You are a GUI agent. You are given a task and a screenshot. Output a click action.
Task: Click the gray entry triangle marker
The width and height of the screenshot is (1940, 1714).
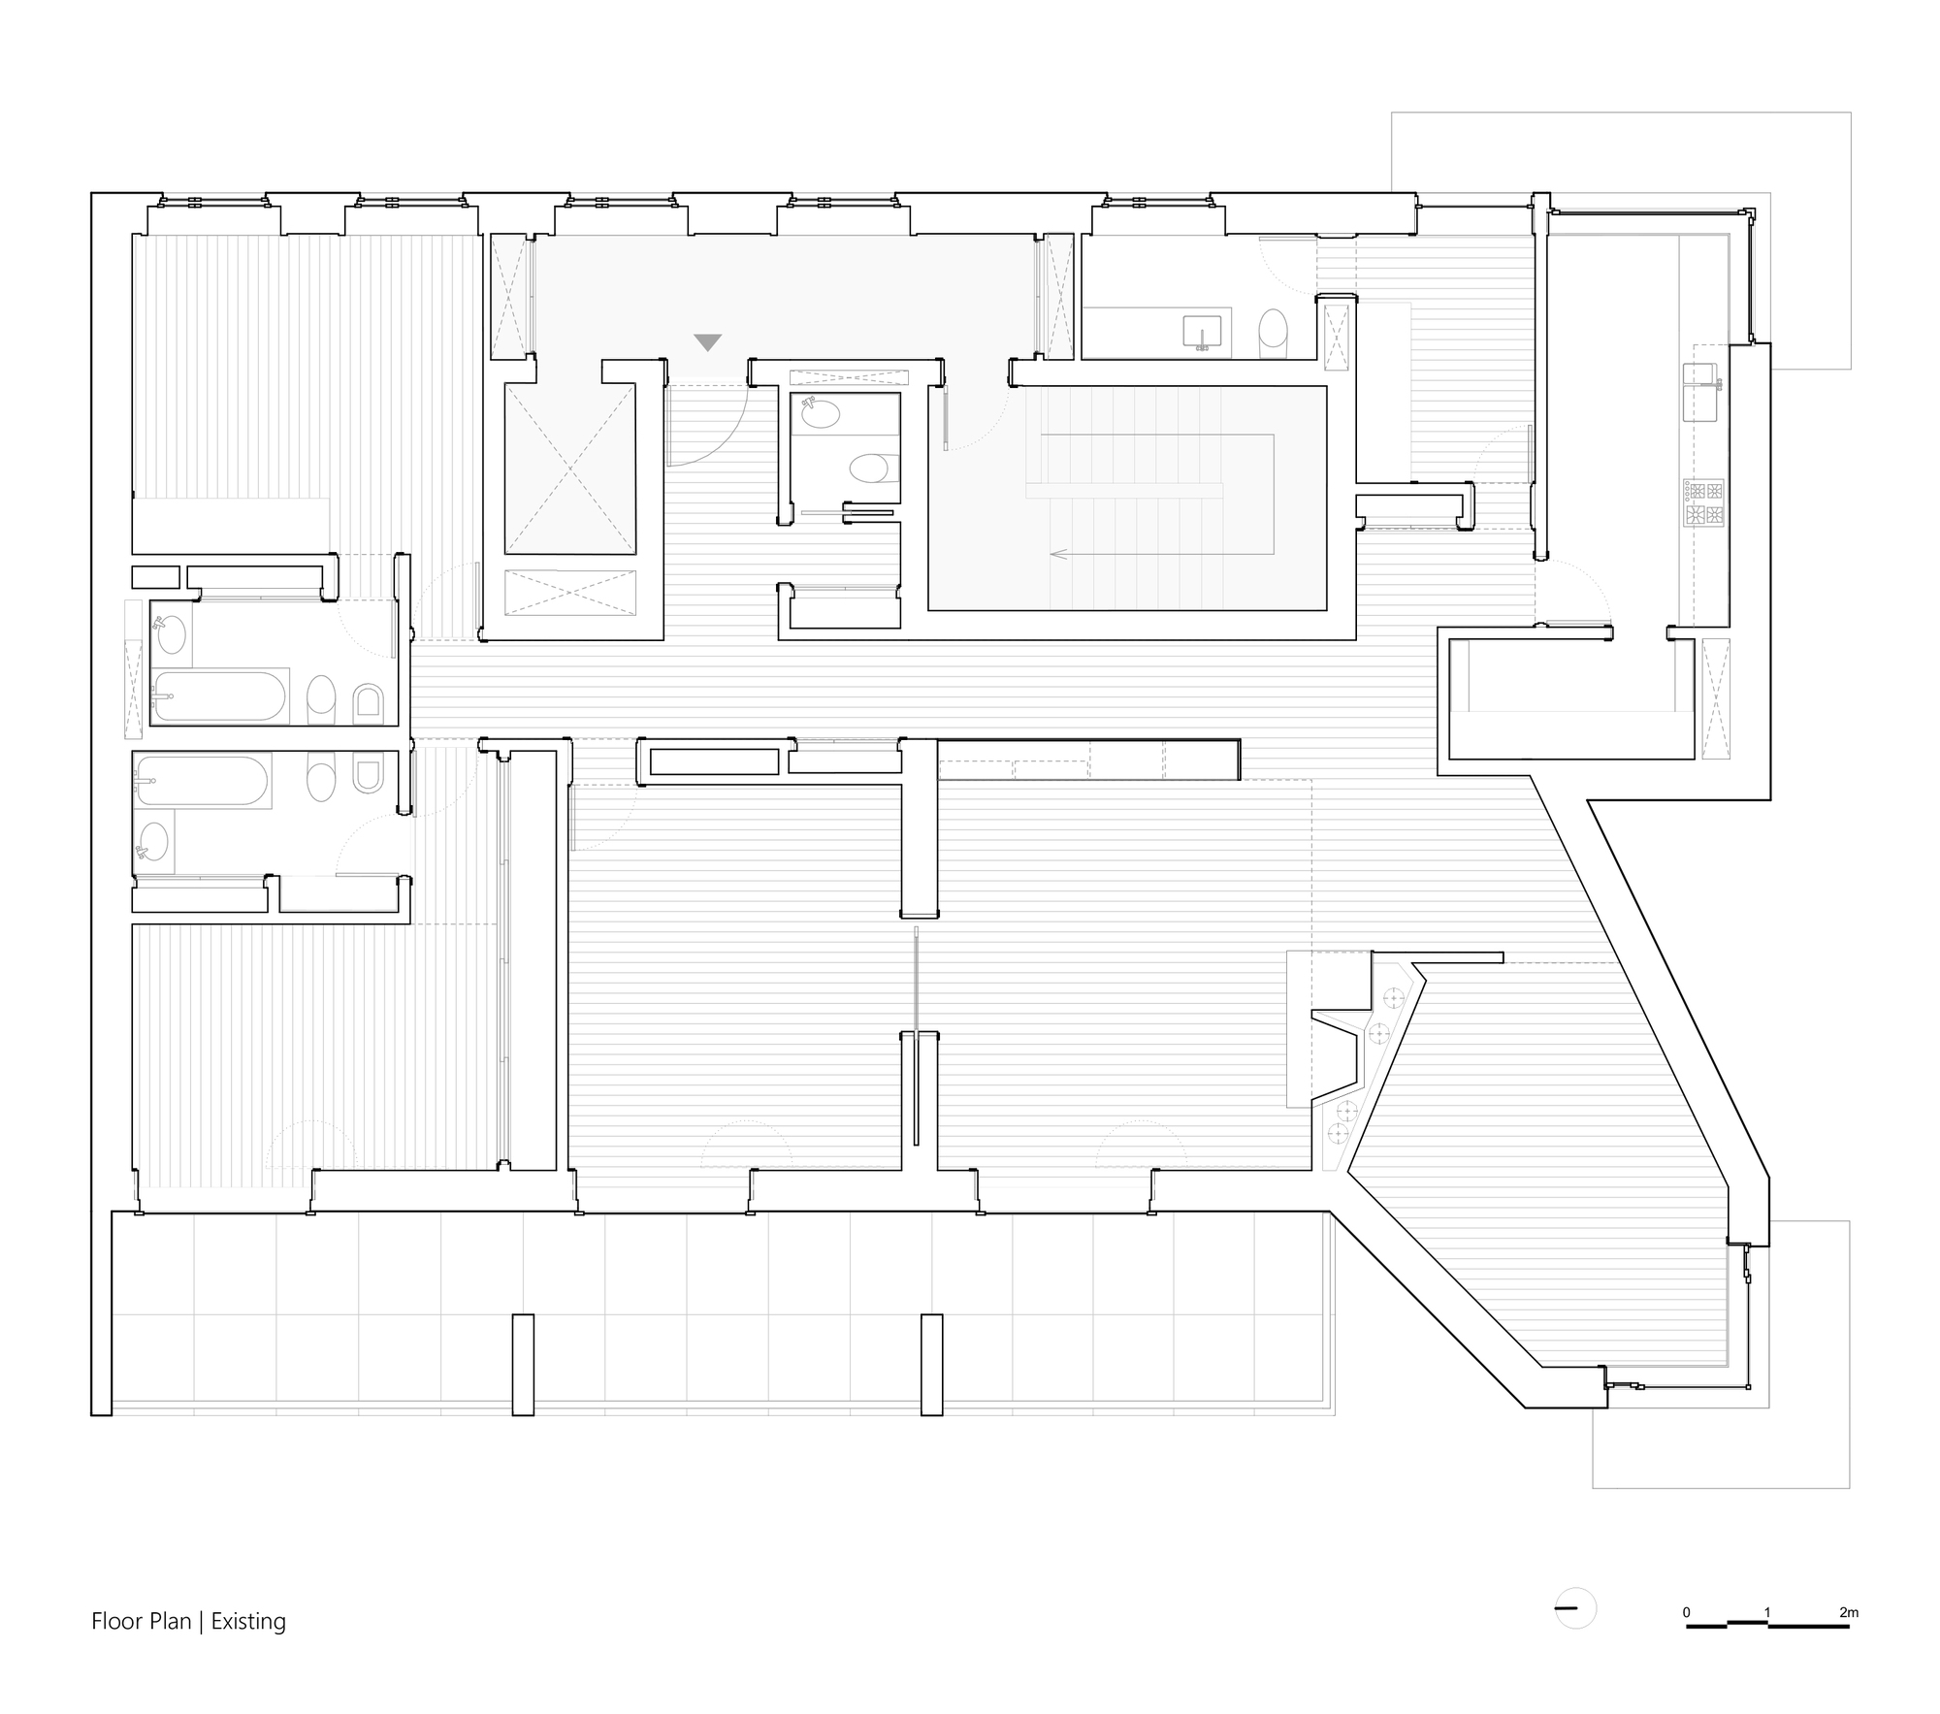click(708, 342)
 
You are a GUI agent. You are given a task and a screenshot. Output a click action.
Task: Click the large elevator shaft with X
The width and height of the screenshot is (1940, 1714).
click(569, 469)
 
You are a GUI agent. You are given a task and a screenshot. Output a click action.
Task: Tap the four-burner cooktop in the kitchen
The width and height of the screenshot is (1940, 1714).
click(1704, 502)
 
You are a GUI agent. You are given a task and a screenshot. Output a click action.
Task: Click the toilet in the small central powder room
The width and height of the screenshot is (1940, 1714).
click(869, 469)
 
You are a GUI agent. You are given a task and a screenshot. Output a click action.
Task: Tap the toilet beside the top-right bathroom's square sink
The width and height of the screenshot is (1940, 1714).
click(1273, 330)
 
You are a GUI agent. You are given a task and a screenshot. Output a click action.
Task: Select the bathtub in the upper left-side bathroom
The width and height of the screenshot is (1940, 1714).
click(219, 695)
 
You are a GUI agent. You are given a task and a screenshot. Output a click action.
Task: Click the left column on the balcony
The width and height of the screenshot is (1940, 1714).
click(523, 1365)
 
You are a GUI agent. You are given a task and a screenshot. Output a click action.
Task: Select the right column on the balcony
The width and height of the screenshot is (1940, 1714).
click(931, 1365)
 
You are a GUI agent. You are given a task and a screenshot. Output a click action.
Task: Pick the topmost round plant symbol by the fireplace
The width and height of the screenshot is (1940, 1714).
click(1394, 996)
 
